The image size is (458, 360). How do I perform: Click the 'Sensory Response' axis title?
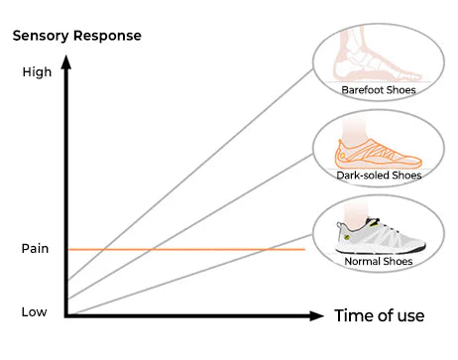77,36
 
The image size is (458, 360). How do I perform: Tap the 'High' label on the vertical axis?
37,72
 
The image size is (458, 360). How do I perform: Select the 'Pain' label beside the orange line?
35,249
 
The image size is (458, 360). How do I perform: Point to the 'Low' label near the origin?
34,312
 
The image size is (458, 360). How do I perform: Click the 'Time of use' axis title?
380,315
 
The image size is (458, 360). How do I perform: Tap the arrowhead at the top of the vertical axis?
66,61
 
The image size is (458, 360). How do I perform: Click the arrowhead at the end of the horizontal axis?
316,316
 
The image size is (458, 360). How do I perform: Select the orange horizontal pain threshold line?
186,249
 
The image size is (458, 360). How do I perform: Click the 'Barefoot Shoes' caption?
379,90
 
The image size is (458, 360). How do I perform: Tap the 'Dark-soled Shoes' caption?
379,175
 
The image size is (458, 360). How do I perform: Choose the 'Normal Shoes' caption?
379,261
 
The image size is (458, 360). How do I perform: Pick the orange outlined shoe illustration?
378,154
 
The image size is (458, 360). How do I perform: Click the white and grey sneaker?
380,235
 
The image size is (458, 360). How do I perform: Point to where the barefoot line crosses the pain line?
104,249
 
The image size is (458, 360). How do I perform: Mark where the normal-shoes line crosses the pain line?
267,249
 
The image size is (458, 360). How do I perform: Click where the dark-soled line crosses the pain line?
152,249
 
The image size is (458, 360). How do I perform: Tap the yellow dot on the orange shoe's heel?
343,156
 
